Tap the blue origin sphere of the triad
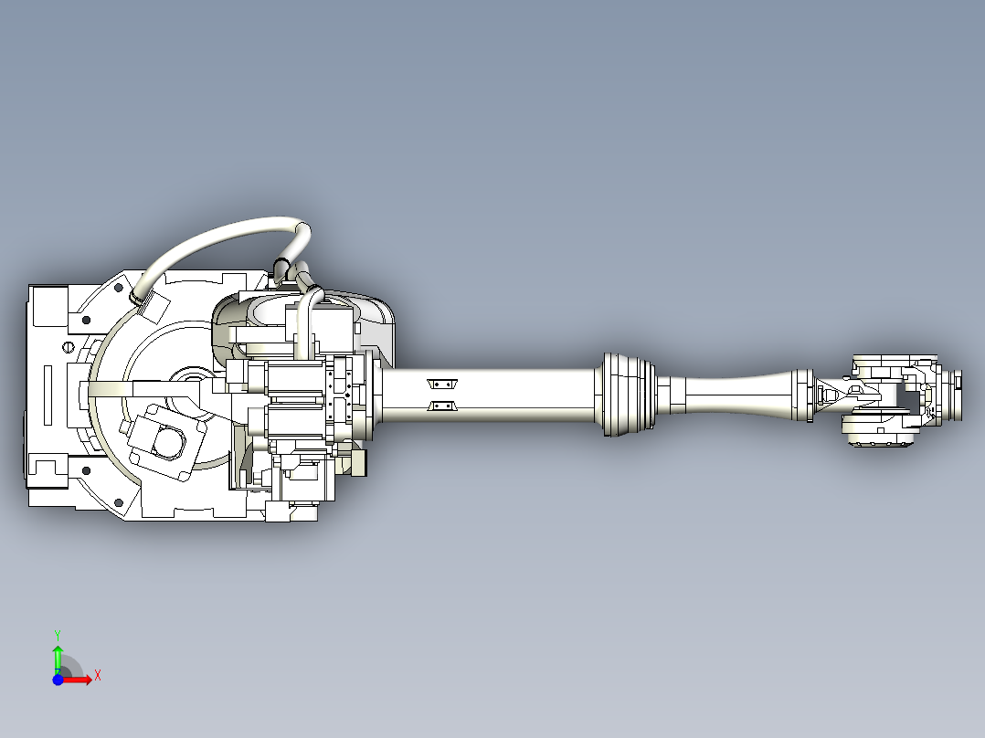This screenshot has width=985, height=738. point(58,680)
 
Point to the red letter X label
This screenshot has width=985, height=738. point(98,676)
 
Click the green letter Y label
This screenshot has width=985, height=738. point(57,634)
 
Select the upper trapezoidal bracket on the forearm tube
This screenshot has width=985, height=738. point(442,384)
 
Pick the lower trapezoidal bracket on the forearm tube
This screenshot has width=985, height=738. point(442,406)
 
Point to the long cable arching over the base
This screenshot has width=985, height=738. point(219,237)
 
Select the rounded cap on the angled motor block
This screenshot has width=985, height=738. point(165,442)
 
